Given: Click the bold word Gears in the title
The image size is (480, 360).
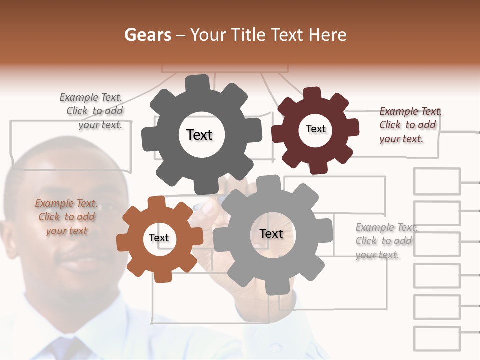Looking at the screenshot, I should (x=147, y=35).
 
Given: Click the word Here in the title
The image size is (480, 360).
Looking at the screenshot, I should (x=327, y=35).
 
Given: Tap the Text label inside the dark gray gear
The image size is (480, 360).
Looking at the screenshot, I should (x=199, y=135).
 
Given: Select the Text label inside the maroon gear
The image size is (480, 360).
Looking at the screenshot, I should (x=315, y=129).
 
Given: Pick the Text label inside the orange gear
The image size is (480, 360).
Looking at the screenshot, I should (x=159, y=238).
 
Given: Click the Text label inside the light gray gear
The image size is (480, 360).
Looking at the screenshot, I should (x=271, y=233).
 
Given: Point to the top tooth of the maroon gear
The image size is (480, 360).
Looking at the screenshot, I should (x=312, y=94).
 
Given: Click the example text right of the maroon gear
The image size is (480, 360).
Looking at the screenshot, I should (x=410, y=125).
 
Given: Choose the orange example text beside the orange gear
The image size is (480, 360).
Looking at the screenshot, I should (x=66, y=217).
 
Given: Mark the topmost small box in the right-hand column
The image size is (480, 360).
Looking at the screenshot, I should (x=437, y=181).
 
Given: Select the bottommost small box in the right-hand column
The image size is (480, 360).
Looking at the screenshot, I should (x=437, y=339).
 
